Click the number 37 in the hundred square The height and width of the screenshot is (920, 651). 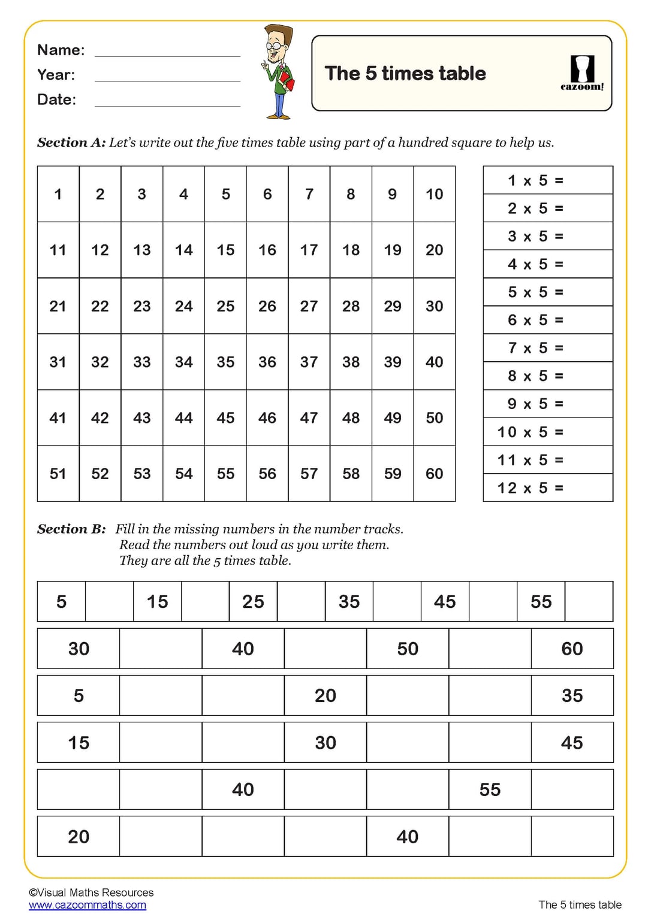pos(309,362)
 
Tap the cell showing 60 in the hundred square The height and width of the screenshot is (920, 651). pos(434,474)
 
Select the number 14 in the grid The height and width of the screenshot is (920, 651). pos(183,250)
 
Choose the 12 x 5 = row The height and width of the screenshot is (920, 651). pos(531,488)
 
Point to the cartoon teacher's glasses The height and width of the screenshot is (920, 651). pos(275,46)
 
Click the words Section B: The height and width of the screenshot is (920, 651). pos(71,529)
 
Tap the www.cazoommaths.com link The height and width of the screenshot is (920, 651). pos(88,905)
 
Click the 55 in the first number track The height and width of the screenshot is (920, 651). pos(541,601)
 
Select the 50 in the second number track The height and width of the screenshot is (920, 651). pos(408,649)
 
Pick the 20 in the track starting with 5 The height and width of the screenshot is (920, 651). pos(325,695)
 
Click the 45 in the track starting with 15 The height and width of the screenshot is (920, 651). pos(572,743)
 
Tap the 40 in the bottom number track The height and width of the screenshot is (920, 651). pos(408,837)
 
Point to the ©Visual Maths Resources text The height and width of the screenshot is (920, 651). pos(91,892)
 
